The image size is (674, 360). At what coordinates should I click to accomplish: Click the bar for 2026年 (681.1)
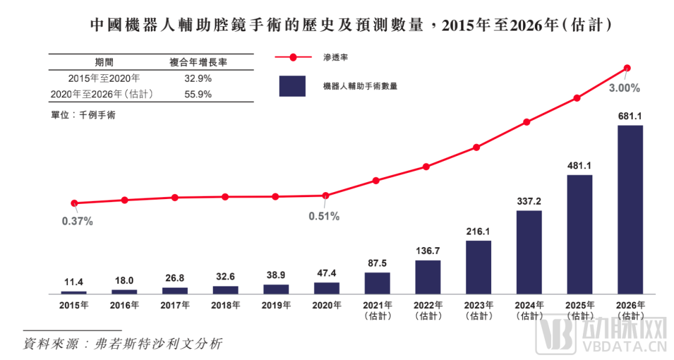pyautogui.click(x=630, y=209)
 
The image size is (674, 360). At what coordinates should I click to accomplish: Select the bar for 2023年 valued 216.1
pyautogui.click(x=478, y=267)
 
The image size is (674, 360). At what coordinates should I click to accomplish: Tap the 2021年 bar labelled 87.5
pyautogui.click(x=377, y=283)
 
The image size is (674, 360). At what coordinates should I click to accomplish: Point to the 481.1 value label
pyautogui.click(x=579, y=166)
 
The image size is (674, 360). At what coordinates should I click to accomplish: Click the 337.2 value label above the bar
pyautogui.click(x=529, y=202)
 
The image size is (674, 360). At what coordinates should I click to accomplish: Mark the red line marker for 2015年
pyautogui.click(x=74, y=203)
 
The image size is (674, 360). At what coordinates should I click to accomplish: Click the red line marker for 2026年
pyautogui.click(x=628, y=68)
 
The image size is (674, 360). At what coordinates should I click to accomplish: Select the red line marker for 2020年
pyautogui.click(x=325, y=196)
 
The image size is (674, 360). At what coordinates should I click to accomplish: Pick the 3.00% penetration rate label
pyautogui.click(x=625, y=88)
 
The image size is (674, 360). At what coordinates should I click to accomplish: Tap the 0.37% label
pyautogui.click(x=77, y=221)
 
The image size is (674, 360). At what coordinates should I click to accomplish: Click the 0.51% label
pyautogui.click(x=324, y=216)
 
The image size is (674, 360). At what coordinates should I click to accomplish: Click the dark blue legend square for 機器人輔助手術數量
pyautogui.click(x=292, y=86)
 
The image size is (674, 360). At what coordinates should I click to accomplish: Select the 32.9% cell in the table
pyautogui.click(x=198, y=79)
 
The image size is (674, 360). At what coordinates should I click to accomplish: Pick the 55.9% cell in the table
pyautogui.click(x=198, y=94)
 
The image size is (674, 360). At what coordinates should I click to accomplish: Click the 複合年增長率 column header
pyautogui.click(x=198, y=62)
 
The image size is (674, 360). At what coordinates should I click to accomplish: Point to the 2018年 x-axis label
pyautogui.click(x=225, y=305)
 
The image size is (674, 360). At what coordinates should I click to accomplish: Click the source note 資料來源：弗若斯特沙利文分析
pyautogui.click(x=122, y=343)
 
